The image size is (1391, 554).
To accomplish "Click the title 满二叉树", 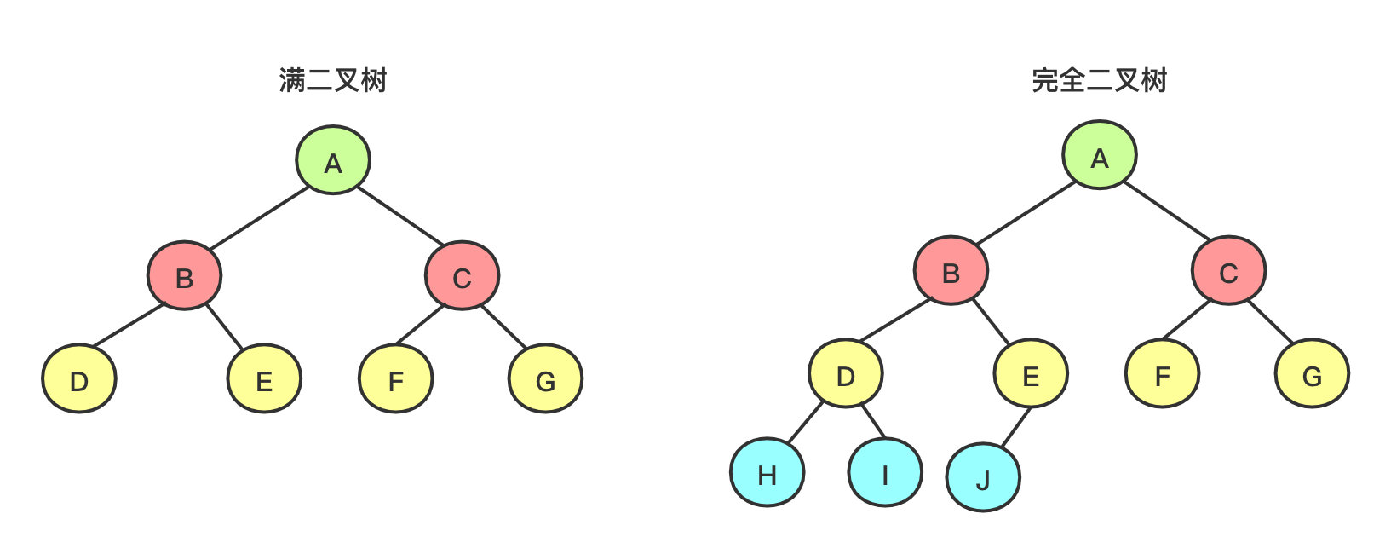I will [x=333, y=81].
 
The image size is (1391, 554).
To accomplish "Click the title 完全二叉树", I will [x=1099, y=81].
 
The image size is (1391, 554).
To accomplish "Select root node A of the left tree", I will [x=333, y=160].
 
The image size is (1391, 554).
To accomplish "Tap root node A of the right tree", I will [x=1099, y=155].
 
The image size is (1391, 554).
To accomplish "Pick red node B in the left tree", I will [x=184, y=275].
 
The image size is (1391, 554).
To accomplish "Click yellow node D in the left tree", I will [x=79, y=378].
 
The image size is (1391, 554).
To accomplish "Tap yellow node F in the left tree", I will [x=396, y=378].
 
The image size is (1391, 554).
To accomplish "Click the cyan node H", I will [x=767, y=472].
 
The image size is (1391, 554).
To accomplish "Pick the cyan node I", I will [x=885, y=472].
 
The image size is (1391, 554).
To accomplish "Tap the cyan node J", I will [x=983, y=477].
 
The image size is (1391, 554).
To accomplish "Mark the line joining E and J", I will [x=1016, y=427].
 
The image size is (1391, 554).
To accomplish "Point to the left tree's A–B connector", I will [x=258, y=218].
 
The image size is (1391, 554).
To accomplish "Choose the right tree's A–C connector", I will [x=1165, y=212].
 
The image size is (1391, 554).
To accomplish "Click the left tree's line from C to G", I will [x=503, y=327].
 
